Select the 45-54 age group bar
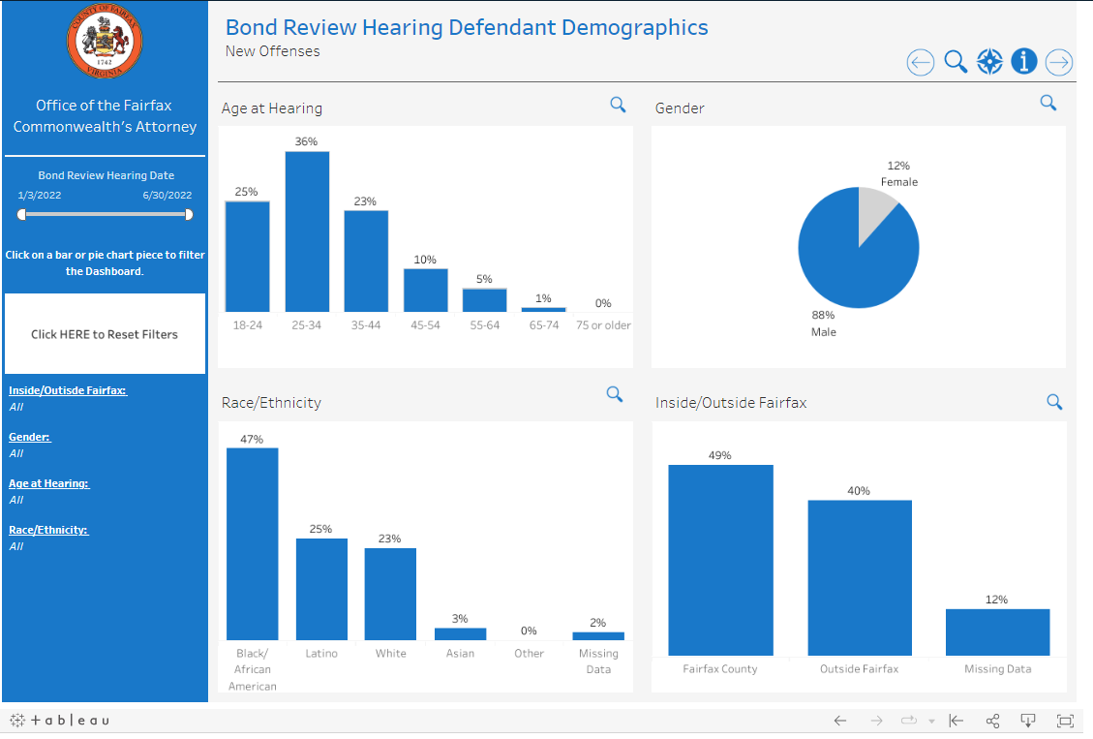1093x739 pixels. tap(425, 290)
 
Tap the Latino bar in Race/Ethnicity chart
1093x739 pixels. tap(321, 589)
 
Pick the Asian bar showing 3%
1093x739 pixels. tap(460, 634)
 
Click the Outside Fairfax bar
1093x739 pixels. tap(860, 577)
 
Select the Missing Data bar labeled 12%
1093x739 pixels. tap(997, 631)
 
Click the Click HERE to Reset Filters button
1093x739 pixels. tap(105, 334)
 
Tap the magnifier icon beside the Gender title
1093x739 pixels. tap(1047, 103)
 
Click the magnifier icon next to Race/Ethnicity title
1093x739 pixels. tap(614, 394)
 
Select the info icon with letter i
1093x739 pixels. tap(1024, 62)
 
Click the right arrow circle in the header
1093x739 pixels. tap(1059, 62)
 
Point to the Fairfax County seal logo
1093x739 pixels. tap(105, 40)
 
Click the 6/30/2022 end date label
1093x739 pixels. tap(167, 195)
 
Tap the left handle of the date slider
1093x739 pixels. tap(21, 214)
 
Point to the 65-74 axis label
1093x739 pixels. tap(544, 325)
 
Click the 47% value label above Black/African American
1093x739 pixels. tap(252, 439)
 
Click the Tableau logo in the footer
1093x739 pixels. tap(60, 721)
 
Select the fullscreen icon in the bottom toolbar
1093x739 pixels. tap(1065, 721)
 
